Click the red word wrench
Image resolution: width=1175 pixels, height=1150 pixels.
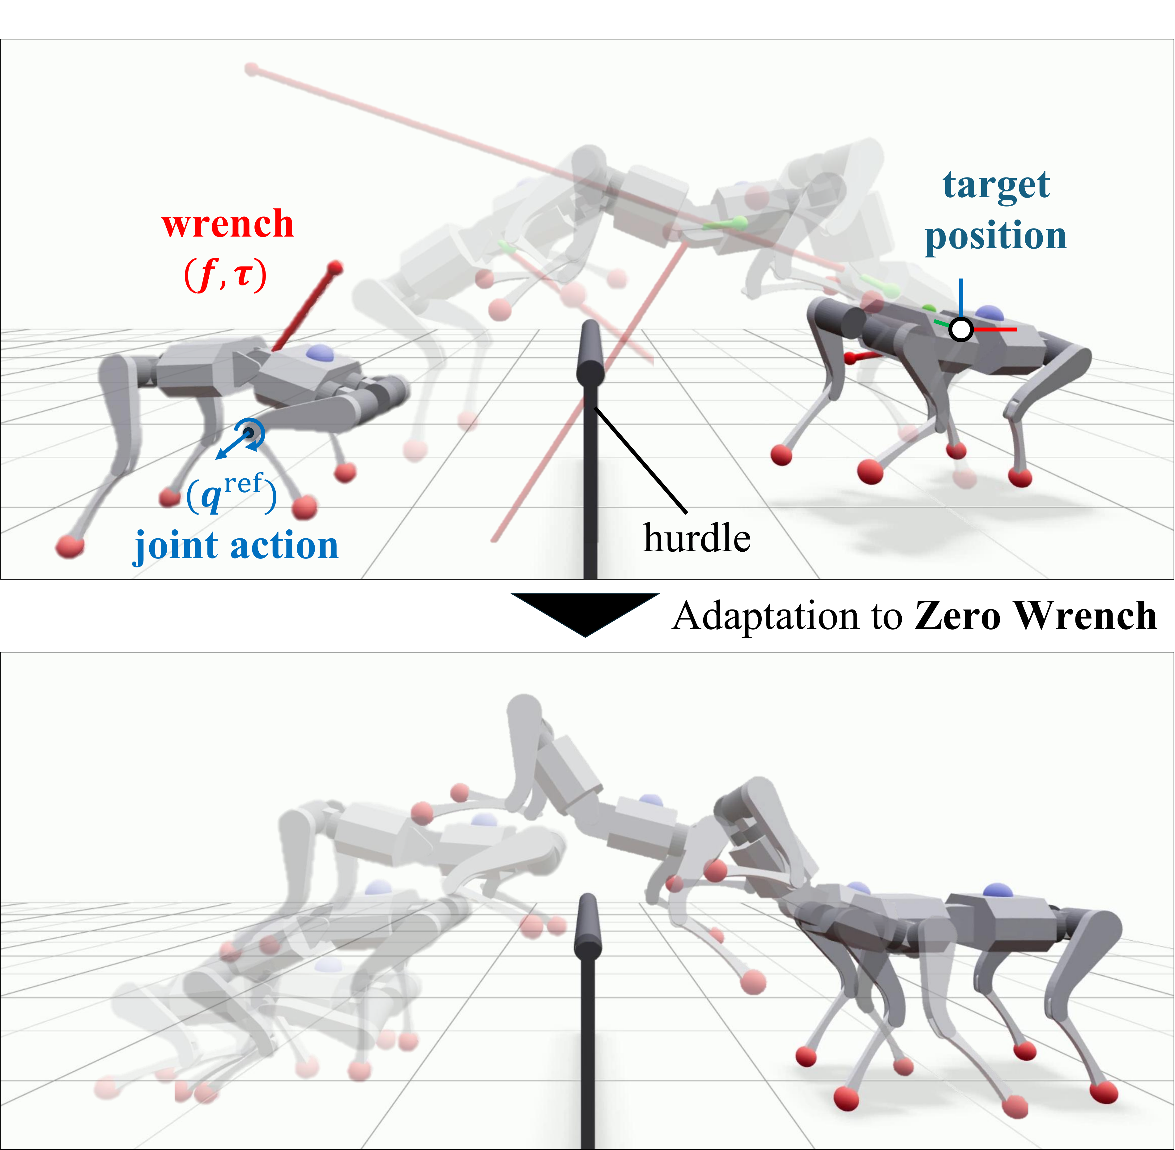228,224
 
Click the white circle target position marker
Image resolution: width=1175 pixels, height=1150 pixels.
961,329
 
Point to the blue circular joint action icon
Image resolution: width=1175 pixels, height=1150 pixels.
249,433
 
